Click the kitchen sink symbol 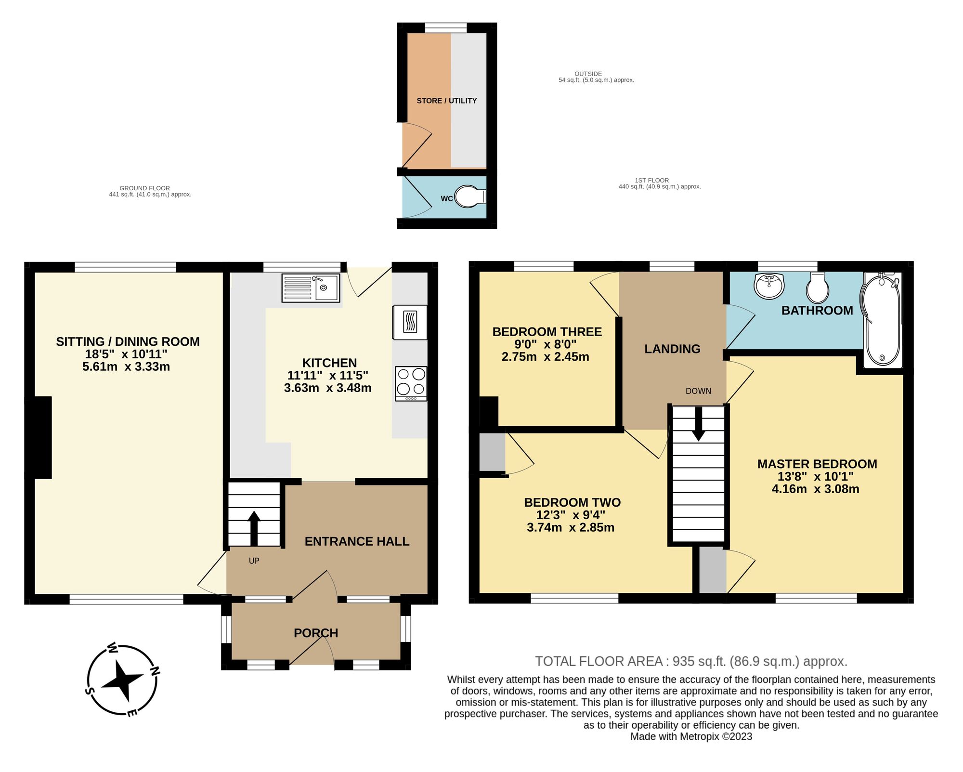pyautogui.click(x=311, y=288)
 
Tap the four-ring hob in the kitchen pyautogui.click(x=411, y=383)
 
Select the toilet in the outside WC pyautogui.click(x=469, y=196)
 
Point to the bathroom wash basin pyautogui.click(x=769, y=286)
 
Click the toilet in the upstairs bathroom pyautogui.click(x=818, y=288)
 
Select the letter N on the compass pyautogui.click(x=155, y=670)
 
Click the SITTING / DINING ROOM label pyautogui.click(x=128, y=341)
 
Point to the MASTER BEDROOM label pyautogui.click(x=817, y=464)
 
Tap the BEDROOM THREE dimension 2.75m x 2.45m pyautogui.click(x=545, y=357)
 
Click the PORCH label pyautogui.click(x=316, y=633)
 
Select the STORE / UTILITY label pyautogui.click(x=446, y=101)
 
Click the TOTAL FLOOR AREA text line pyautogui.click(x=691, y=661)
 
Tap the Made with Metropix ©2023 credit pyautogui.click(x=691, y=736)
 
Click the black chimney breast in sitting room pyautogui.click(x=39, y=437)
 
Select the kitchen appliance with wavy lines pyautogui.click(x=410, y=322)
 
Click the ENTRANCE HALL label pyautogui.click(x=357, y=541)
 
